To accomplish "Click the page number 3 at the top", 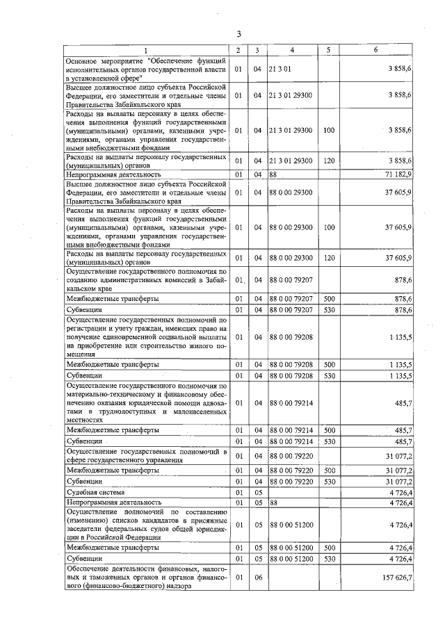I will [x=238, y=34].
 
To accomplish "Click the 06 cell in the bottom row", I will [x=257, y=577].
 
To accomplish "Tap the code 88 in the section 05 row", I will [x=274, y=502].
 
